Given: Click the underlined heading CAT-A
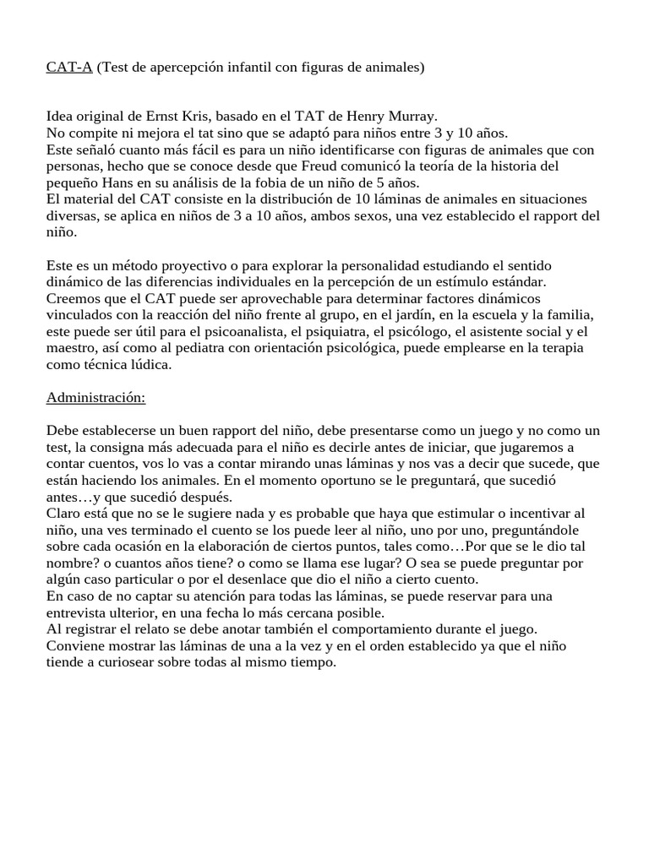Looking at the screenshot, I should pyautogui.click(x=69, y=67).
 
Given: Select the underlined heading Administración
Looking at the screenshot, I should pyautogui.click(x=95, y=396).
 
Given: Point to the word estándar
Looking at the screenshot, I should pyautogui.click(x=517, y=281).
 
